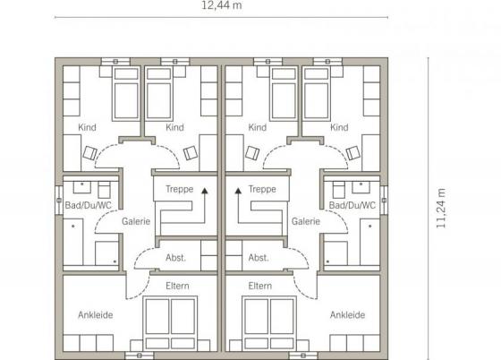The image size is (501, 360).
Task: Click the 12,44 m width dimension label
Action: point(222,5)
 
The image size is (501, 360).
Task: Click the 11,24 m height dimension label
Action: point(441,209)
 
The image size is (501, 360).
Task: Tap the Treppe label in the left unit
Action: point(180,189)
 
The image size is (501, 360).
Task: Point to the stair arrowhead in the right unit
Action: point(238,191)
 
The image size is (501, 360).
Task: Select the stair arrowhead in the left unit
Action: point(205,191)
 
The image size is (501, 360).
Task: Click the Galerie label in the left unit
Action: point(136,221)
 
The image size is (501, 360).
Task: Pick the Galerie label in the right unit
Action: point(306,221)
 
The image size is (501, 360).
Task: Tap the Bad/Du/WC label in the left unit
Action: point(89,205)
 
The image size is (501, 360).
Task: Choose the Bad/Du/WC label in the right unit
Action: point(352,205)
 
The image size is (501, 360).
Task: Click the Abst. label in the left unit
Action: point(175,258)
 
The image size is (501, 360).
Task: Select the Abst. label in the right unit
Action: point(259,258)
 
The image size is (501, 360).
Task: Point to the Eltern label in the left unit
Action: point(177,286)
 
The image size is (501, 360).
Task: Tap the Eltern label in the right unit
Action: point(260,286)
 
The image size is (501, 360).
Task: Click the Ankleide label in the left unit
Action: point(96,315)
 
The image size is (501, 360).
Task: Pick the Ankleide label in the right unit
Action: point(348,315)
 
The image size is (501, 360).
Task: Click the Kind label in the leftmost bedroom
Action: point(87,127)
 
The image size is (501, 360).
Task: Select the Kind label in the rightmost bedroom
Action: point(339,127)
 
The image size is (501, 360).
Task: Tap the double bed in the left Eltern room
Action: point(170,323)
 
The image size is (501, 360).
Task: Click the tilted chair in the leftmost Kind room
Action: point(89,153)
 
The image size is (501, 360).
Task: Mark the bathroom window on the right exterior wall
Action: point(384,200)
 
